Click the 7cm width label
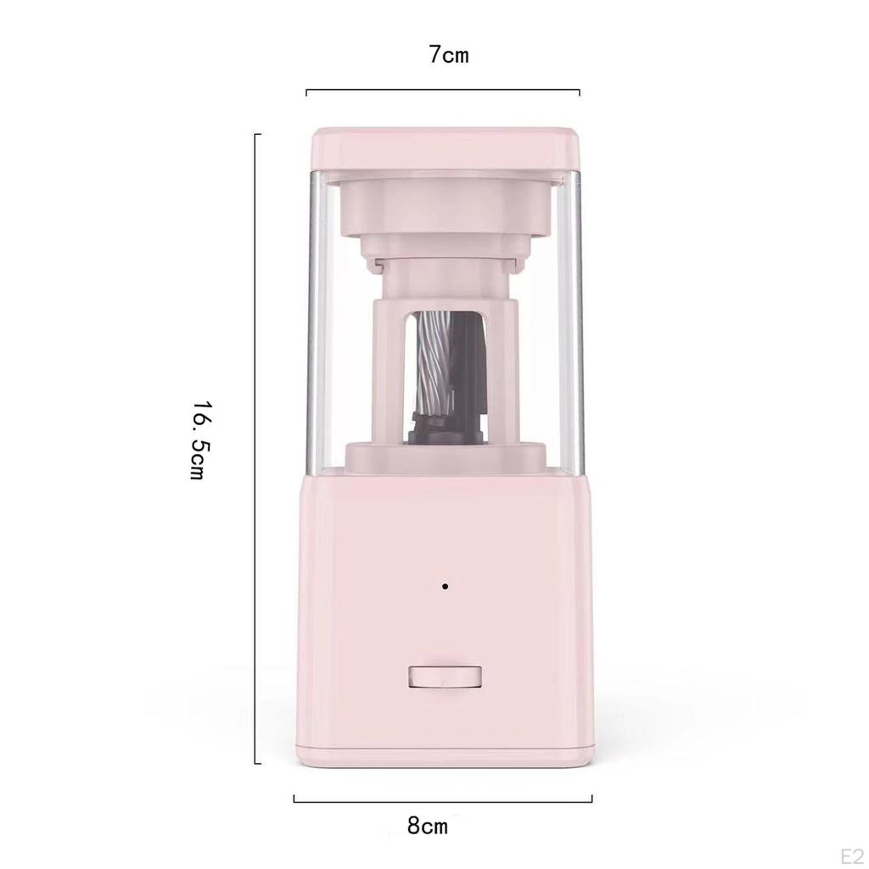point(448,55)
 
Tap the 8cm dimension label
point(428,826)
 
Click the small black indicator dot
point(445,586)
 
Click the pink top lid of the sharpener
point(446,148)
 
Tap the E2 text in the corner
point(852,856)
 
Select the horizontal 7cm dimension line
point(443,90)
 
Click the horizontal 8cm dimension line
point(443,799)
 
